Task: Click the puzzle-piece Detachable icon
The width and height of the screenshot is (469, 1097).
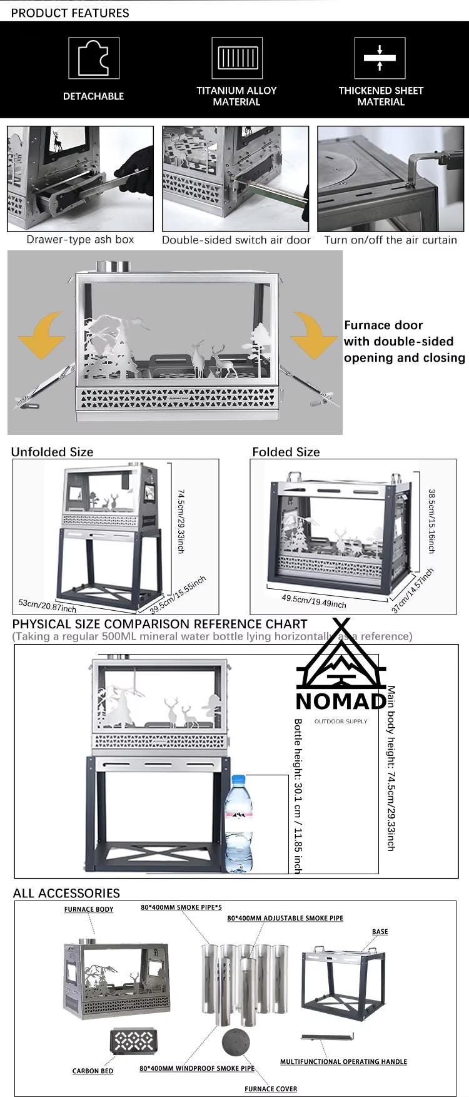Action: pyautogui.click(x=94, y=58)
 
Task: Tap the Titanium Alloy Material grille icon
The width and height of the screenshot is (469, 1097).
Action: pyautogui.click(x=237, y=58)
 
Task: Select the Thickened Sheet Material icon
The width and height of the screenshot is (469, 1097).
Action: pyautogui.click(x=380, y=58)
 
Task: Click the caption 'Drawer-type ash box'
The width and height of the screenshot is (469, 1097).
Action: pyautogui.click(x=80, y=239)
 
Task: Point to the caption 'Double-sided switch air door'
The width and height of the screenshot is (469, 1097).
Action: pyautogui.click(x=236, y=240)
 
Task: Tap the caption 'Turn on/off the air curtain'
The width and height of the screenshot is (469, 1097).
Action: pyautogui.click(x=390, y=240)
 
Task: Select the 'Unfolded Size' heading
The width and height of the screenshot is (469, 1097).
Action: pyautogui.click(x=52, y=452)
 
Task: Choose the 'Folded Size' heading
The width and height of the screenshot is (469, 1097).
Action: pyautogui.click(x=286, y=452)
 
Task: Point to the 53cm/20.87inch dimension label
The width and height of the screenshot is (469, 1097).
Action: pyautogui.click(x=48, y=606)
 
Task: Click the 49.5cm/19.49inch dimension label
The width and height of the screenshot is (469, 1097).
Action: pyautogui.click(x=314, y=601)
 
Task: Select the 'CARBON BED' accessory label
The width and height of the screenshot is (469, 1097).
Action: pyautogui.click(x=93, y=1071)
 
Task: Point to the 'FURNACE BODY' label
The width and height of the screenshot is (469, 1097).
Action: pyautogui.click(x=89, y=909)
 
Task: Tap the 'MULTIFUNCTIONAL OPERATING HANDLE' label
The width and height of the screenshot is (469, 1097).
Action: pyautogui.click(x=343, y=1061)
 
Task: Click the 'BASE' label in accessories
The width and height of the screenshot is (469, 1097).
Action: pyautogui.click(x=380, y=931)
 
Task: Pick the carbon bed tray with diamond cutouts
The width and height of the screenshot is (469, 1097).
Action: pyautogui.click(x=132, y=1041)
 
